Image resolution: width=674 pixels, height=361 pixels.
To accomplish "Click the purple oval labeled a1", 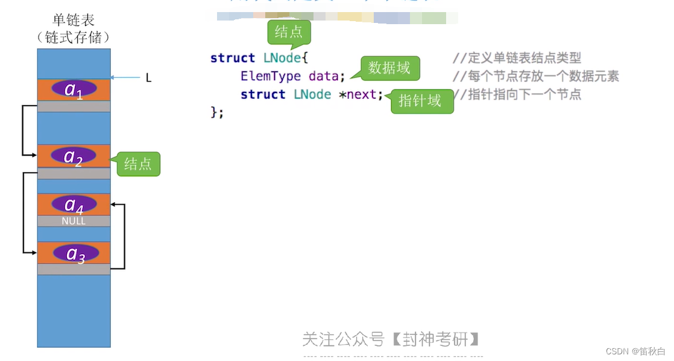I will pos(74,89).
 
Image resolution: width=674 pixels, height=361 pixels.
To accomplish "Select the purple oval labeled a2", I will pos(74,156).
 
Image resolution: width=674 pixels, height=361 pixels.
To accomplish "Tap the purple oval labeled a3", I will pos(75,253).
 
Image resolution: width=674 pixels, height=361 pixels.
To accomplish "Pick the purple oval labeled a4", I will pos(74,204).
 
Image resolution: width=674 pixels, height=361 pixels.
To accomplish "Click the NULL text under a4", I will pos(74,222).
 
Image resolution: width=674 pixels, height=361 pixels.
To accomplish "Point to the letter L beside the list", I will pos(148,78).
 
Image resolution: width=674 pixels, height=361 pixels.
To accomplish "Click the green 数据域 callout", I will pos(389,68).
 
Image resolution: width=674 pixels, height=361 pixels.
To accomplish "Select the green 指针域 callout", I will pos(420,101).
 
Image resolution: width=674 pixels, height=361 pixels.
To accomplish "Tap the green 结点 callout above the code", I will pos(289,32).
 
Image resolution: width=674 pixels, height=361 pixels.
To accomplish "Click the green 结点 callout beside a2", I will pos(138,164).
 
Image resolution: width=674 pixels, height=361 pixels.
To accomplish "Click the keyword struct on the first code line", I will pos(233,58).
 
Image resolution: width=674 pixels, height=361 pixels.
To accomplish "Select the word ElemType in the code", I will pos(271,76).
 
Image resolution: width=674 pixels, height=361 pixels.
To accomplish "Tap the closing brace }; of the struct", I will pos(217,112).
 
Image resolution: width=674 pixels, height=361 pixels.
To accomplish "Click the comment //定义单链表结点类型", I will pos(517,58).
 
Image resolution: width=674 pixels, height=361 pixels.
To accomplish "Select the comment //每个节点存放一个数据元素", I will pos(535,76).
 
